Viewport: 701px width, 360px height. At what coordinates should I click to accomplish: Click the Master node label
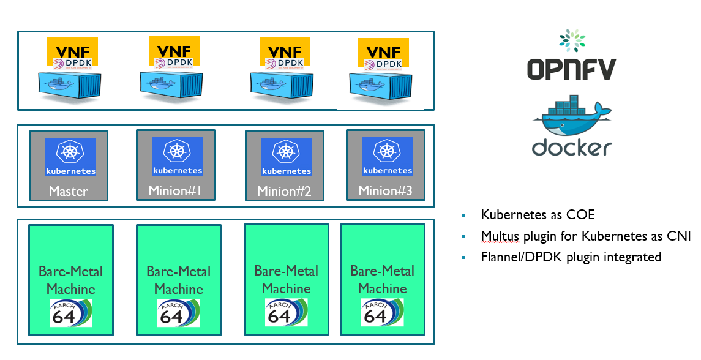pos(69,191)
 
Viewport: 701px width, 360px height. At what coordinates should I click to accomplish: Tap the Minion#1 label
pos(175,190)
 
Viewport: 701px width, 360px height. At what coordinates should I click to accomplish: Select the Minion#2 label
pos(284,191)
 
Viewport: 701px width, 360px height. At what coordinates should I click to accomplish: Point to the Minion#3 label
pos(385,190)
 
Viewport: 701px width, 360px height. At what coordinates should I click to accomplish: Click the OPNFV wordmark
pos(571,69)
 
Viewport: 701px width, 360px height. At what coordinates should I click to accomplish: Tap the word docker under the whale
pos(572,148)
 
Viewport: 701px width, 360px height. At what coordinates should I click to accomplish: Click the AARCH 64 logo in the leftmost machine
pos(71,313)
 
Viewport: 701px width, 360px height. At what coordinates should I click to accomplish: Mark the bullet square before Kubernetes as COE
pos(464,216)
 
